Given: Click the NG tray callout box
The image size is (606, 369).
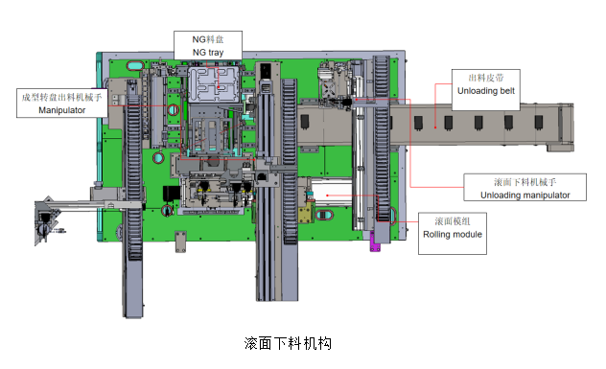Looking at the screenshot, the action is pyautogui.click(x=208, y=46).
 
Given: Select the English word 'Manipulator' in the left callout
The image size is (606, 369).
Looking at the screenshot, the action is pyautogui.click(x=61, y=110).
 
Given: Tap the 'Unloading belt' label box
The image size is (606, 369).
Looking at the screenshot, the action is pyautogui.click(x=486, y=90).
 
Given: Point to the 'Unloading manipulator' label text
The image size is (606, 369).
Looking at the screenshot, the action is pyautogui.click(x=524, y=196).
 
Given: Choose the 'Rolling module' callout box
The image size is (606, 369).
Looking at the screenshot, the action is pyautogui.click(x=453, y=233).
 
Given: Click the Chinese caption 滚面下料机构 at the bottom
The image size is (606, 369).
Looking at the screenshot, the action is pyautogui.click(x=288, y=343).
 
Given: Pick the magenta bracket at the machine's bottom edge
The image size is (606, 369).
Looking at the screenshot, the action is pyautogui.click(x=374, y=242).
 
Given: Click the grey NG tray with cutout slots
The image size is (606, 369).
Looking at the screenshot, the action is pyautogui.click(x=214, y=84).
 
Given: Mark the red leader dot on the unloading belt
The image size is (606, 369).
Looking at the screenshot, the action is pyautogui.click(x=435, y=127).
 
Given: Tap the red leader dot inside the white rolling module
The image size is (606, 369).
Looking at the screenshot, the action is pyautogui.click(x=327, y=196).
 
